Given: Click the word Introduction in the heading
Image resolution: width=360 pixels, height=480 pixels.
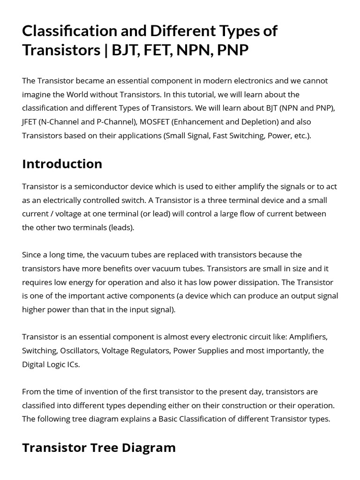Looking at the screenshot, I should (x=62, y=164).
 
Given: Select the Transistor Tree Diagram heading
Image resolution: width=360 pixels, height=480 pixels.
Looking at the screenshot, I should (x=98, y=448).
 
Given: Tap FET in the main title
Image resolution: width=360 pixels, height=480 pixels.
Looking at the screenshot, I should (x=157, y=50).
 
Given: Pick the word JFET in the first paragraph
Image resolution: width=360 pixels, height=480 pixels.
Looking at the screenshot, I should (x=30, y=122).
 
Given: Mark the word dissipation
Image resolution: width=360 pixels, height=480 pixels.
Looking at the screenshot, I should (x=260, y=282).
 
